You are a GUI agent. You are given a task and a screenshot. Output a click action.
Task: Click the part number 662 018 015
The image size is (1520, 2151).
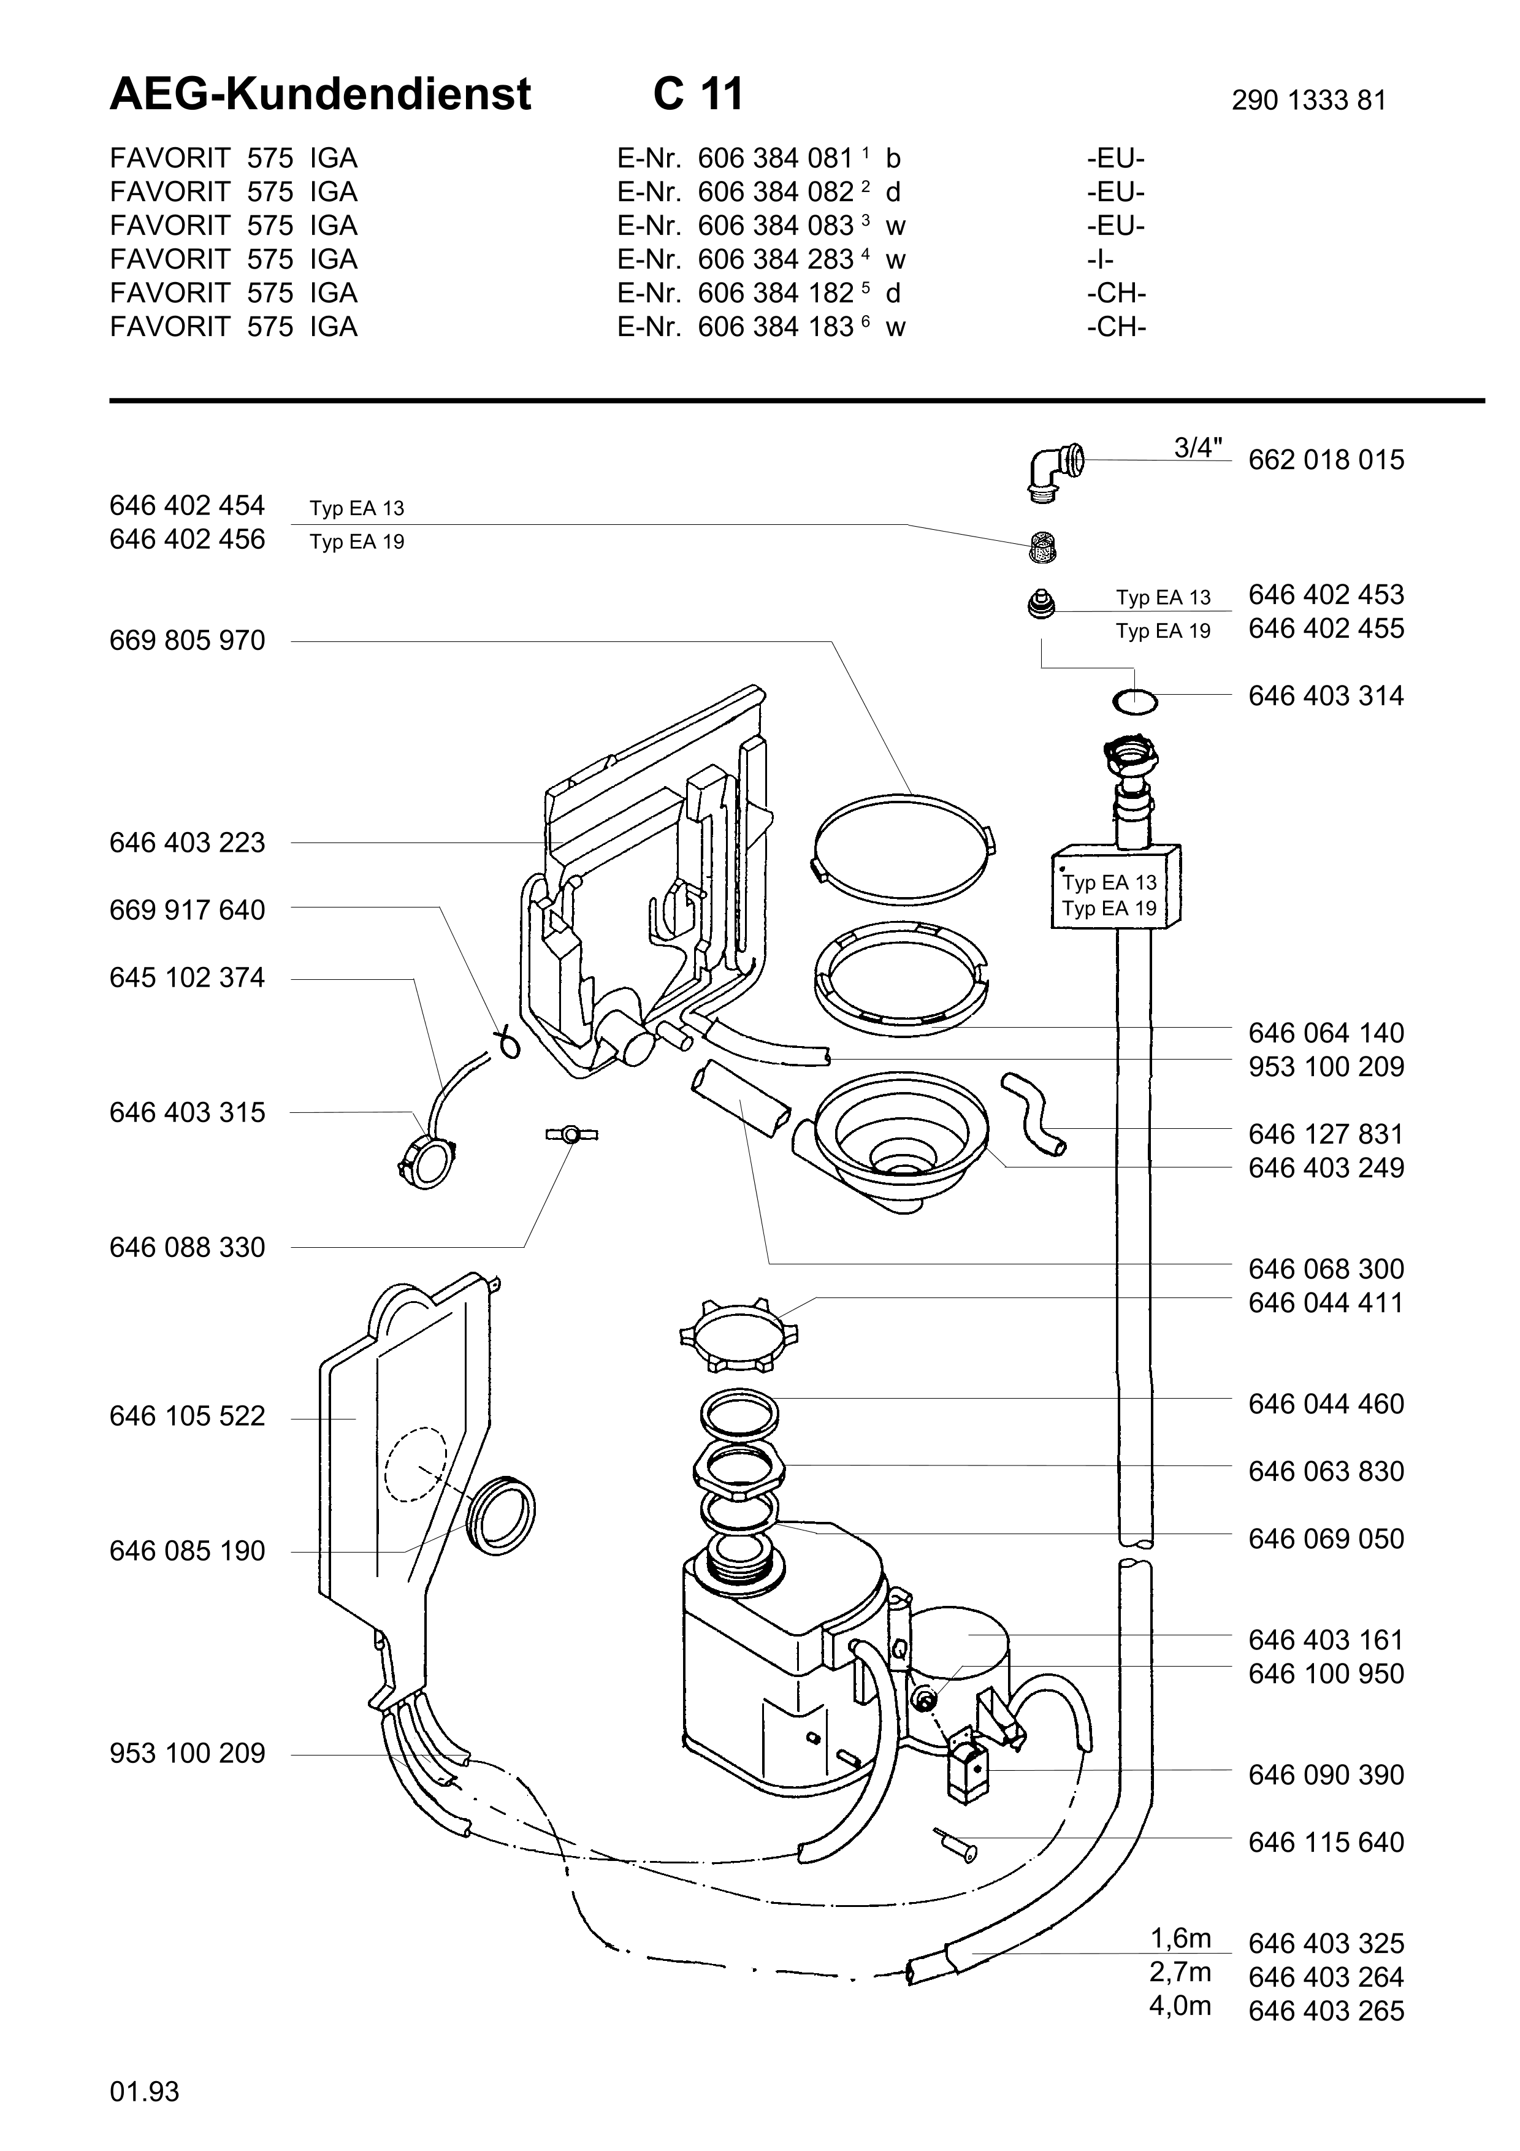click(x=1326, y=460)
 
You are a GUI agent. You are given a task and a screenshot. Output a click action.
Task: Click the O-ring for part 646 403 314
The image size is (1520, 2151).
click(x=1134, y=700)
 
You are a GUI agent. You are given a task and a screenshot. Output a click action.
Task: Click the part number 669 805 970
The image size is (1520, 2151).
click(x=187, y=641)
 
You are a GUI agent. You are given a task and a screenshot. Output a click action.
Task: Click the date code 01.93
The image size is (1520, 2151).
click(x=144, y=2091)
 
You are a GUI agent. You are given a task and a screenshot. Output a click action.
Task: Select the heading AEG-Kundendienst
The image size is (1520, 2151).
click(x=320, y=94)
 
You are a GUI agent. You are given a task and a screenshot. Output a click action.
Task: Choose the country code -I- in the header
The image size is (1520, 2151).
click(x=1101, y=259)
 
